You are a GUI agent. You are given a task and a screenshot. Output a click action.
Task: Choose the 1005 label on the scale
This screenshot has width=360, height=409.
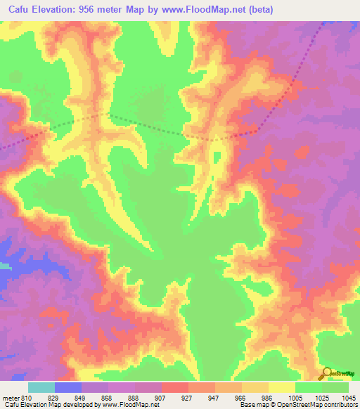click(295, 397)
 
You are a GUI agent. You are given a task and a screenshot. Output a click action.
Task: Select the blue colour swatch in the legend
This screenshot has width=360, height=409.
click(68, 387)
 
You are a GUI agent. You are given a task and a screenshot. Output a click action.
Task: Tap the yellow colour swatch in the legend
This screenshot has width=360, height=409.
click(281, 387)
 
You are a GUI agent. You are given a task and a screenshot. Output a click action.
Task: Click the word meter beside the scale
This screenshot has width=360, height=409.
click(11, 397)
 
